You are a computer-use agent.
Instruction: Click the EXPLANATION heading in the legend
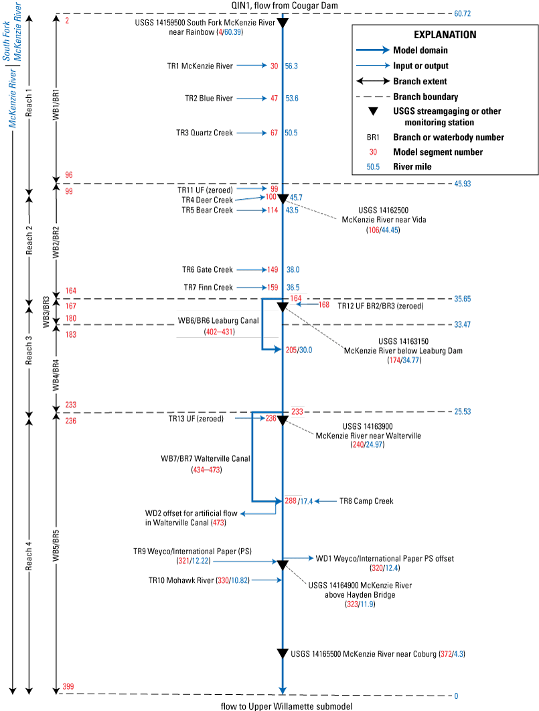(x=445, y=35)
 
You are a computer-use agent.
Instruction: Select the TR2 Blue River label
(x=209, y=99)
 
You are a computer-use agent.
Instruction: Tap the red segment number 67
(x=274, y=133)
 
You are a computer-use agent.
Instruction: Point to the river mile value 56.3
(x=291, y=66)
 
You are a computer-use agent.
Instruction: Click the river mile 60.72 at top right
(x=463, y=13)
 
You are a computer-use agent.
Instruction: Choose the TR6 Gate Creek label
(x=208, y=270)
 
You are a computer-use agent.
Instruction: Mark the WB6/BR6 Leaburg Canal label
(x=218, y=321)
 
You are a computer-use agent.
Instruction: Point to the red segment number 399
(x=68, y=687)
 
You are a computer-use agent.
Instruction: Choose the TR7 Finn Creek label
(x=208, y=287)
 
